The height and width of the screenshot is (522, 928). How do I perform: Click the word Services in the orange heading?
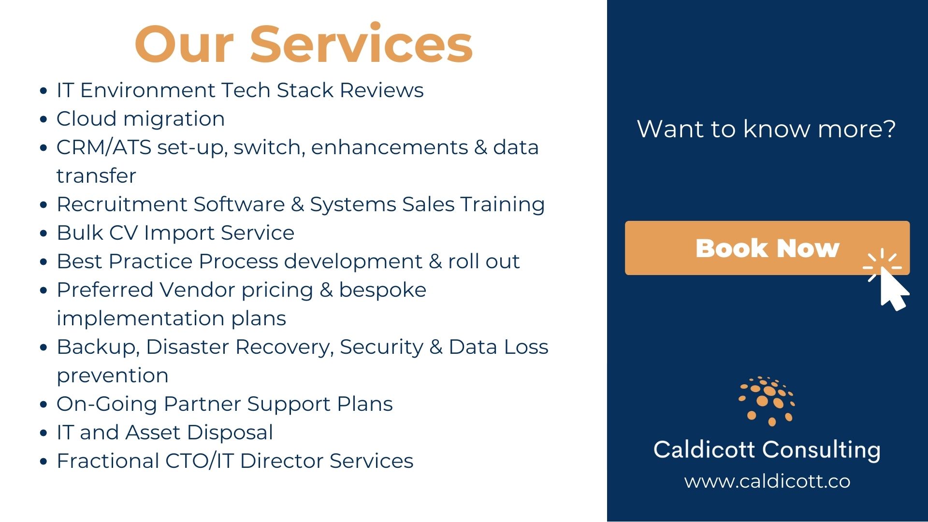[x=362, y=43]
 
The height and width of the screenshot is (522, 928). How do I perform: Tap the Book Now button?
[x=767, y=248]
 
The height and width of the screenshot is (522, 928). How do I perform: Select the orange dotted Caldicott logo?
[x=767, y=401]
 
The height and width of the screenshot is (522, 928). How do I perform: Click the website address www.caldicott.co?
[x=767, y=481]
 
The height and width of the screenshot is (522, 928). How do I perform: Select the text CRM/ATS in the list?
[x=104, y=147]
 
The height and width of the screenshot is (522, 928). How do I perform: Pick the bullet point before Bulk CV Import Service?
[x=44, y=233]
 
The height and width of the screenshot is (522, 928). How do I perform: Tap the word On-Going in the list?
[x=107, y=405]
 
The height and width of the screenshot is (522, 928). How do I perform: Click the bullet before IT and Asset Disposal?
[x=44, y=433]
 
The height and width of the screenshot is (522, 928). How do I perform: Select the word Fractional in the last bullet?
[x=108, y=461]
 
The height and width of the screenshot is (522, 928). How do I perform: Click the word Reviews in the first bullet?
[x=382, y=90]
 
